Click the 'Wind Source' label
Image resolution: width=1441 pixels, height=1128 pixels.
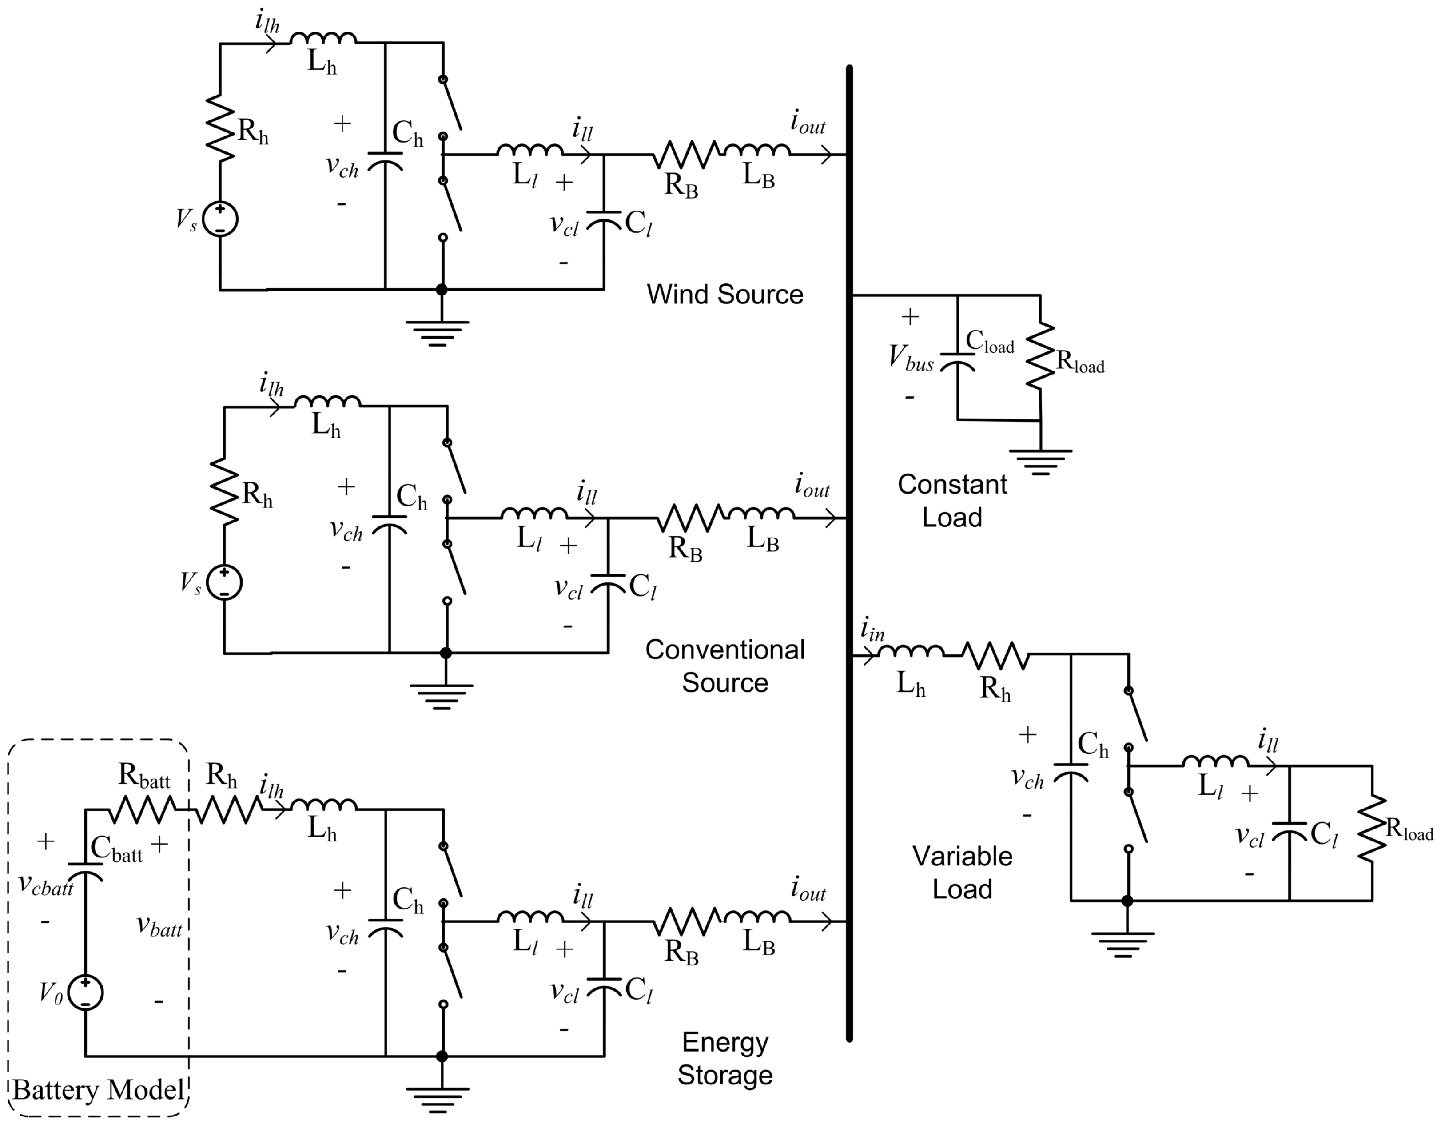coord(724,295)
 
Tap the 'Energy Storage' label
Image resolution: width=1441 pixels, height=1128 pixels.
coord(724,1059)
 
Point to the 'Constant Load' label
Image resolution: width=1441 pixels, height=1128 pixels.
coord(951,501)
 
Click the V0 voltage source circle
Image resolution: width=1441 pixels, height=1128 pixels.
coord(86,992)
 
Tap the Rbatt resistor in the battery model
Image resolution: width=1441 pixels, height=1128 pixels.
coord(141,809)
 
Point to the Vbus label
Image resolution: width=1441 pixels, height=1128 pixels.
coord(911,358)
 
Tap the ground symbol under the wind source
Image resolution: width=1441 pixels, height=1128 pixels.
coord(437,333)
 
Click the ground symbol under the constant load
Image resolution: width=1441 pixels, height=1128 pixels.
coord(1040,462)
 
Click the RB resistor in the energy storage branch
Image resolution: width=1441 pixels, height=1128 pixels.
coord(687,921)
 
